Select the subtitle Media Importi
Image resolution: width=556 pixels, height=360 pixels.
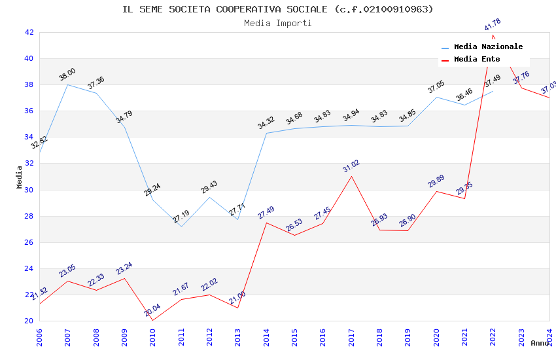tap(278, 23)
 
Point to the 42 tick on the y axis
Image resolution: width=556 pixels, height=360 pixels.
tap(29, 32)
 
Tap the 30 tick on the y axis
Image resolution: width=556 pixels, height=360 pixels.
tap(29, 190)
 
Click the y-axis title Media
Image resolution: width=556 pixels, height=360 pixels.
tap(20, 177)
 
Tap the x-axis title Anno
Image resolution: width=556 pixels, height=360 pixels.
tap(540, 343)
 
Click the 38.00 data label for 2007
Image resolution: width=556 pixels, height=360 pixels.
tap(67, 74)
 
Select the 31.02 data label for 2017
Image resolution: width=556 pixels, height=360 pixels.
tap(351, 166)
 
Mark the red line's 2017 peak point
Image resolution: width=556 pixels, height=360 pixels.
tap(351, 176)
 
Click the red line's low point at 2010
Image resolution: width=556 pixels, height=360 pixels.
tap(152, 320)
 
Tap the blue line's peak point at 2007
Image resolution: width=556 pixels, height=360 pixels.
tap(67, 84)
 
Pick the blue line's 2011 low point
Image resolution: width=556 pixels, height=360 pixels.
tap(181, 226)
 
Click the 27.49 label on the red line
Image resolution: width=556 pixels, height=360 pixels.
tap(266, 213)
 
